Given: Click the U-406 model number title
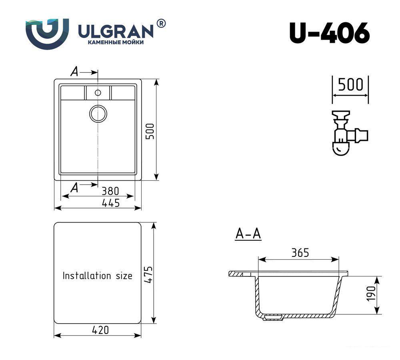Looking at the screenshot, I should tap(329, 33).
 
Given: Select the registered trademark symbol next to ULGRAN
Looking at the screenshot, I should tap(161, 24).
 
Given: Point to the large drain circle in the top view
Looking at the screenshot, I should tap(98, 114).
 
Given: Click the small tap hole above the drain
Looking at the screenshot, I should tap(98, 93).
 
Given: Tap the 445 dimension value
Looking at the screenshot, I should tap(110, 203).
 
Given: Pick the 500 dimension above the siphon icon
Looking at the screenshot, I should tap(350, 85).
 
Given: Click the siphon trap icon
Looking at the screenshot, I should tap(347, 133).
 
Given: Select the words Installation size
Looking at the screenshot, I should tap(97, 276).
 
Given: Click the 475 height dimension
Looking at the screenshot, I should tap(148, 274).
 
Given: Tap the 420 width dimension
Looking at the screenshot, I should tap(100, 330).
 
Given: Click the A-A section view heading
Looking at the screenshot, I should tap(248, 234).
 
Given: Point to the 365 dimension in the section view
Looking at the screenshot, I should tap(300, 253).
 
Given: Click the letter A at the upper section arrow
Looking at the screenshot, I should tap(74, 72).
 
